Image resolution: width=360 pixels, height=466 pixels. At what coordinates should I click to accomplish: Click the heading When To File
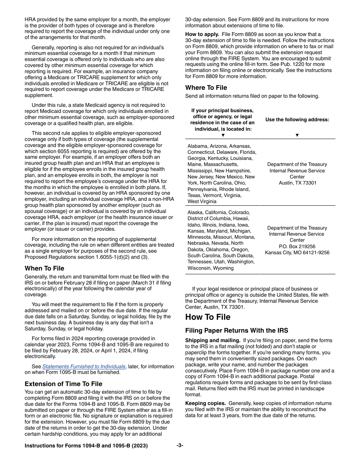point(44,268)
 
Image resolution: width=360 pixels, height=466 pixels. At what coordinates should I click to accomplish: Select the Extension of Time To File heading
point(63,384)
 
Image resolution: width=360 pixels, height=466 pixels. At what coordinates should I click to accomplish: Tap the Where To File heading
point(206,88)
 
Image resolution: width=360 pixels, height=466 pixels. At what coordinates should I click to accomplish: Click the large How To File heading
point(208,317)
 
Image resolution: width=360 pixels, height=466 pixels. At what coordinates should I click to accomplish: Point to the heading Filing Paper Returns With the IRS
point(236,330)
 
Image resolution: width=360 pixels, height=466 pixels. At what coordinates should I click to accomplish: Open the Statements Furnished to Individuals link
point(83,366)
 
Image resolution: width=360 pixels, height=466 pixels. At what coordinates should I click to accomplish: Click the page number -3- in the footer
point(180,446)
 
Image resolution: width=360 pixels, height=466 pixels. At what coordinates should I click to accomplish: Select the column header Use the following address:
point(297,120)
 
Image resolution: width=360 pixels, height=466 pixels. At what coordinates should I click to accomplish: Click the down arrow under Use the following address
point(297,135)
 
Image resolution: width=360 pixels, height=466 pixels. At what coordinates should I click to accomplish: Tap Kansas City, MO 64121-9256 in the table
point(297,252)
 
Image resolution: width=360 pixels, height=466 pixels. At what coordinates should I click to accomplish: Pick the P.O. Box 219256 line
point(297,246)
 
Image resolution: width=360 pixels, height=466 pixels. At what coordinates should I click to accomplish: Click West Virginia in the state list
point(202,202)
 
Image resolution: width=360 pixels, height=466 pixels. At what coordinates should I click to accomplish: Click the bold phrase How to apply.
point(202,34)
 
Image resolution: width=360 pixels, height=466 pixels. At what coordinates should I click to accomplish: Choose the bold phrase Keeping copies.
point(205,403)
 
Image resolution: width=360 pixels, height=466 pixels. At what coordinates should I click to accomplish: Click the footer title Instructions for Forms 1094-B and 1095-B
point(86,446)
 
